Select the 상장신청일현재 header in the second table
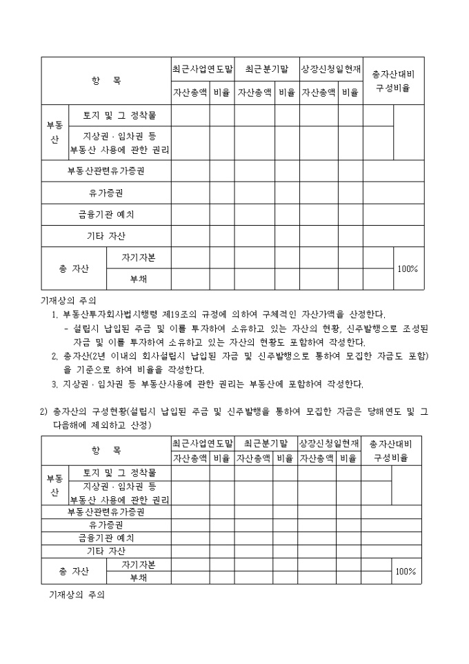coord(328,442)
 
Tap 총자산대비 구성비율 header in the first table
coord(393,81)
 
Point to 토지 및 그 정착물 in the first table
coord(119,115)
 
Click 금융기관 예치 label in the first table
coord(106,215)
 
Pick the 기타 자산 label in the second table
coord(106,551)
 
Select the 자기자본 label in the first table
coord(138,257)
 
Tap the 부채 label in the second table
coord(138,577)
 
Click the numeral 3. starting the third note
coord(55,384)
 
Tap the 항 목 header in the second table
coord(106,450)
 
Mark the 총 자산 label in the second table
coord(74,571)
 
